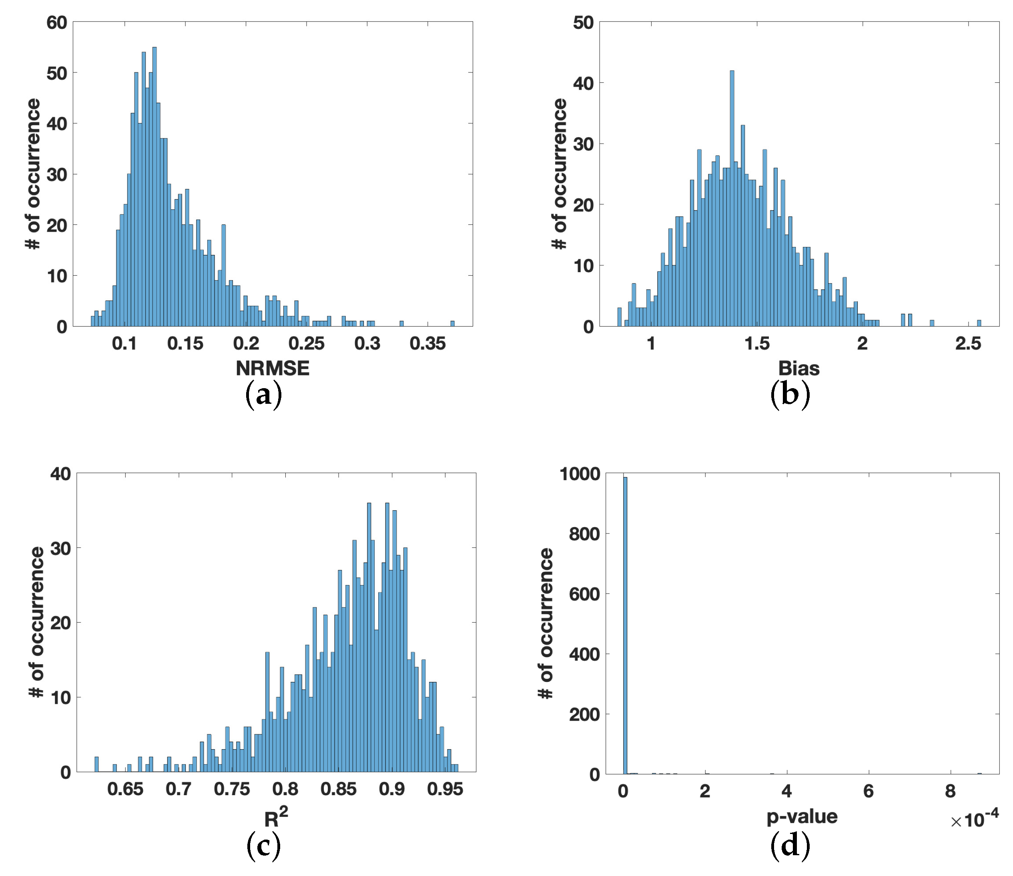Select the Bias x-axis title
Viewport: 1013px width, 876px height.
[x=799, y=368]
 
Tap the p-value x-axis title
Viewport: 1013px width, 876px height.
[x=802, y=816]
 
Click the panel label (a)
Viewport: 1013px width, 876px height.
[x=263, y=395]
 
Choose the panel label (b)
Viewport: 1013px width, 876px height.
[x=790, y=395]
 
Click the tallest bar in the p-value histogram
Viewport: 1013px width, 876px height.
[x=625, y=626]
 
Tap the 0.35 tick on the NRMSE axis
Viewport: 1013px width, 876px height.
[x=428, y=344]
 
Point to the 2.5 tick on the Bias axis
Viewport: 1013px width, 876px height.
[x=968, y=344]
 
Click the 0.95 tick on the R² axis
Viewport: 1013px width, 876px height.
[x=445, y=789]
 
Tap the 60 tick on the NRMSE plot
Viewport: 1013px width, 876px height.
[x=57, y=22]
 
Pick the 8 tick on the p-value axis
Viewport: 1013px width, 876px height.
[x=950, y=791]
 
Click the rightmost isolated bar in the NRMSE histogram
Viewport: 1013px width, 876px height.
[x=452, y=324]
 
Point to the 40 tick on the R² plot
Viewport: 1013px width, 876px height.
[x=60, y=474]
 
